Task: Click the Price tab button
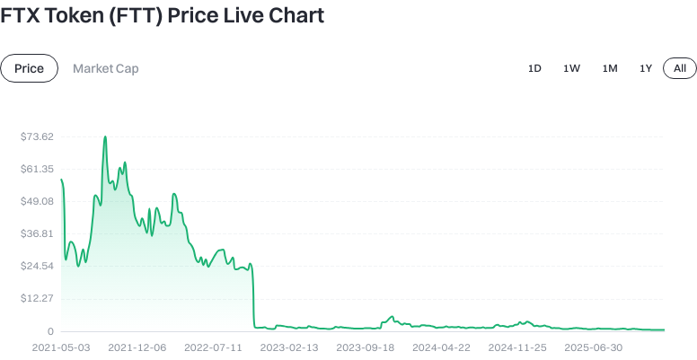29,68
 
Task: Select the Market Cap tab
106,68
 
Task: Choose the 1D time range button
534,68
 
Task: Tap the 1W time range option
571,68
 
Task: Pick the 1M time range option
610,68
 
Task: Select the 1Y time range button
646,68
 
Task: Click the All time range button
680,68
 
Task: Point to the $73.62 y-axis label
37,136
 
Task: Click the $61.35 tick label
37,169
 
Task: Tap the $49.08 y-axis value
37,201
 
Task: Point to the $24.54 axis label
37,266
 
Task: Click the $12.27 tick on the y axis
37,298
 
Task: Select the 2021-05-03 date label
61,346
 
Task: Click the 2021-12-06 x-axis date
137,346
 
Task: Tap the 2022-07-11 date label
214,346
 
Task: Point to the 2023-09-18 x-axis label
366,346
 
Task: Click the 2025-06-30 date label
595,346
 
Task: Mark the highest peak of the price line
105,137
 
